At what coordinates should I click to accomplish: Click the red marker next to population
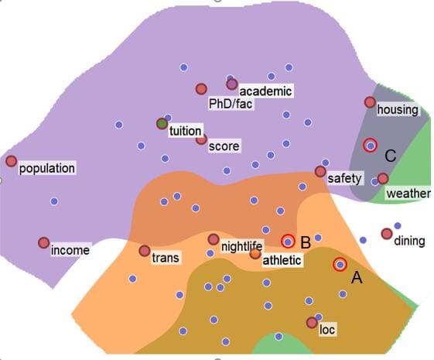[x=11, y=161]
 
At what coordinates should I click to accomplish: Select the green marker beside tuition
[x=162, y=124]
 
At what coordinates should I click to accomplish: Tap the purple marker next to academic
[x=232, y=84]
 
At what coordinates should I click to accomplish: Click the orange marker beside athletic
[x=255, y=253]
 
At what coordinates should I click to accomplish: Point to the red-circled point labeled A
[x=340, y=265]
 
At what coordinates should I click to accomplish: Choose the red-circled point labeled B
[x=288, y=242]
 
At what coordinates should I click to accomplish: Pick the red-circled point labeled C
[x=371, y=145]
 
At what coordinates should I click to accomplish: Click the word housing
[x=398, y=110]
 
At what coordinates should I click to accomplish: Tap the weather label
[x=408, y=194]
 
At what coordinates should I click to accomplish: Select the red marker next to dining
[x=387, y=234]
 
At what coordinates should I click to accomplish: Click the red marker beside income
[x=44, y=243]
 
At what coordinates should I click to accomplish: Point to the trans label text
[x=166, y=258]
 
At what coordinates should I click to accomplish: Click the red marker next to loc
[x=312, y=323]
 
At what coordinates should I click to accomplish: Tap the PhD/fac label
[x=231, y=104]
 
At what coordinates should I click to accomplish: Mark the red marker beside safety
[x=320, y=172]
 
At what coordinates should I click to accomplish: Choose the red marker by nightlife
[x=214, y=239]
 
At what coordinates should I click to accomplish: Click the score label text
[x=224, y=146]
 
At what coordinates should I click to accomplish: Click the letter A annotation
[x=357, y=277]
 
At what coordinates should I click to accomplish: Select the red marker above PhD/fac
[x=201, y=89]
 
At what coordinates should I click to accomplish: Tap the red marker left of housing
[x=370, y=102]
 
